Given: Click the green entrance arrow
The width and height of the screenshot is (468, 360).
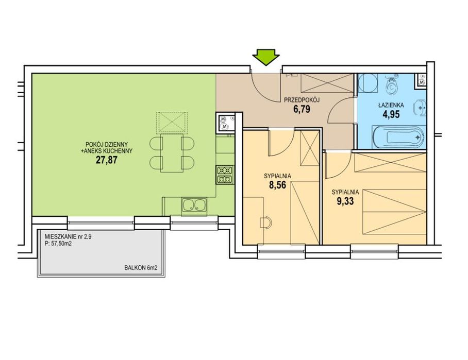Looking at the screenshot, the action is pos(265,57).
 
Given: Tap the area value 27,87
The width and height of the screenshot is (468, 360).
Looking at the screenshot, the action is pos(107,160).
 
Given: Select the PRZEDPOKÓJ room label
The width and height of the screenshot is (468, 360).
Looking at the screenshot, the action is pos(302,100).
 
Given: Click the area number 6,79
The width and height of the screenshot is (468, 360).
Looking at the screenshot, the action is pos(302,109).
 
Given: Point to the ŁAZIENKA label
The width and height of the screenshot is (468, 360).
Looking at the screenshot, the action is pos(391,105).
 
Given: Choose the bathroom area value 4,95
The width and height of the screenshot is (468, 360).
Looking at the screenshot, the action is pos(391,114).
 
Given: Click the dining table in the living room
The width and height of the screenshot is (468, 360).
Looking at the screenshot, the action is pos(172,153).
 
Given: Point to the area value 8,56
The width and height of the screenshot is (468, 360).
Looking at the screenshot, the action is pos(278,185).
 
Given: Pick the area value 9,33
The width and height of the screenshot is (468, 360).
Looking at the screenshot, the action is pos(345,201).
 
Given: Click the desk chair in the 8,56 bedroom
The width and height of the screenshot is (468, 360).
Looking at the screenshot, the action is pos(266,223).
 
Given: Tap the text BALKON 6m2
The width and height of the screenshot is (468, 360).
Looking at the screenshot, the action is pos(141,268).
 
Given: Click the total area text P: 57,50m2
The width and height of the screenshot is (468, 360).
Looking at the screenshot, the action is pos(58,244).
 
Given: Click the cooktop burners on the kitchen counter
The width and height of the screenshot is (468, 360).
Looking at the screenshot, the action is pos(225,175).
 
